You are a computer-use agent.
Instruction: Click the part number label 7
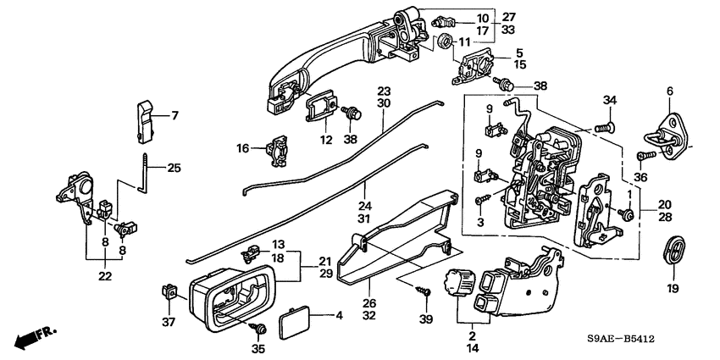(175, 115)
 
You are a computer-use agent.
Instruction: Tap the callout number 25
(174, 168)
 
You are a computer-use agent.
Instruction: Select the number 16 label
(242, 148)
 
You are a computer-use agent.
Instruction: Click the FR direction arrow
(31, 338)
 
